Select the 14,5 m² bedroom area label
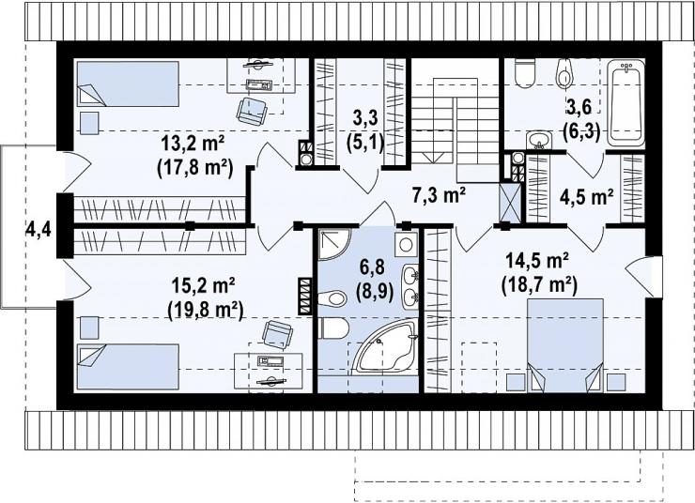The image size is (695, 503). coord(537,261)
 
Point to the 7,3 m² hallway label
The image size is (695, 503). coord(439,195)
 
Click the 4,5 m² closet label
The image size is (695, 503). coord(587,196)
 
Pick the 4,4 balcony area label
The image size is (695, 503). coord(39,230)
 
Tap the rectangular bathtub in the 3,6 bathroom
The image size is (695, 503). coord(625,102)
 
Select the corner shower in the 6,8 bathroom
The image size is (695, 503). coord(334,245)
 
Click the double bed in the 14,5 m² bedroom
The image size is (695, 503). coord(565,345)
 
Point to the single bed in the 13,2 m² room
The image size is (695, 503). coord(128,84)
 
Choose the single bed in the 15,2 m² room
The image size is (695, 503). coord(128,367)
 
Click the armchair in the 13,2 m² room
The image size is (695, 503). coord(252,111)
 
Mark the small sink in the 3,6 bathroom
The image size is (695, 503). coord(539,140)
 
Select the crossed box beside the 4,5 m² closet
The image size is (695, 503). coord(510,202)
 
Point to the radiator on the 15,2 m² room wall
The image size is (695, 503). coord(305,297)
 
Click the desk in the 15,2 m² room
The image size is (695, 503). coord(269,371)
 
